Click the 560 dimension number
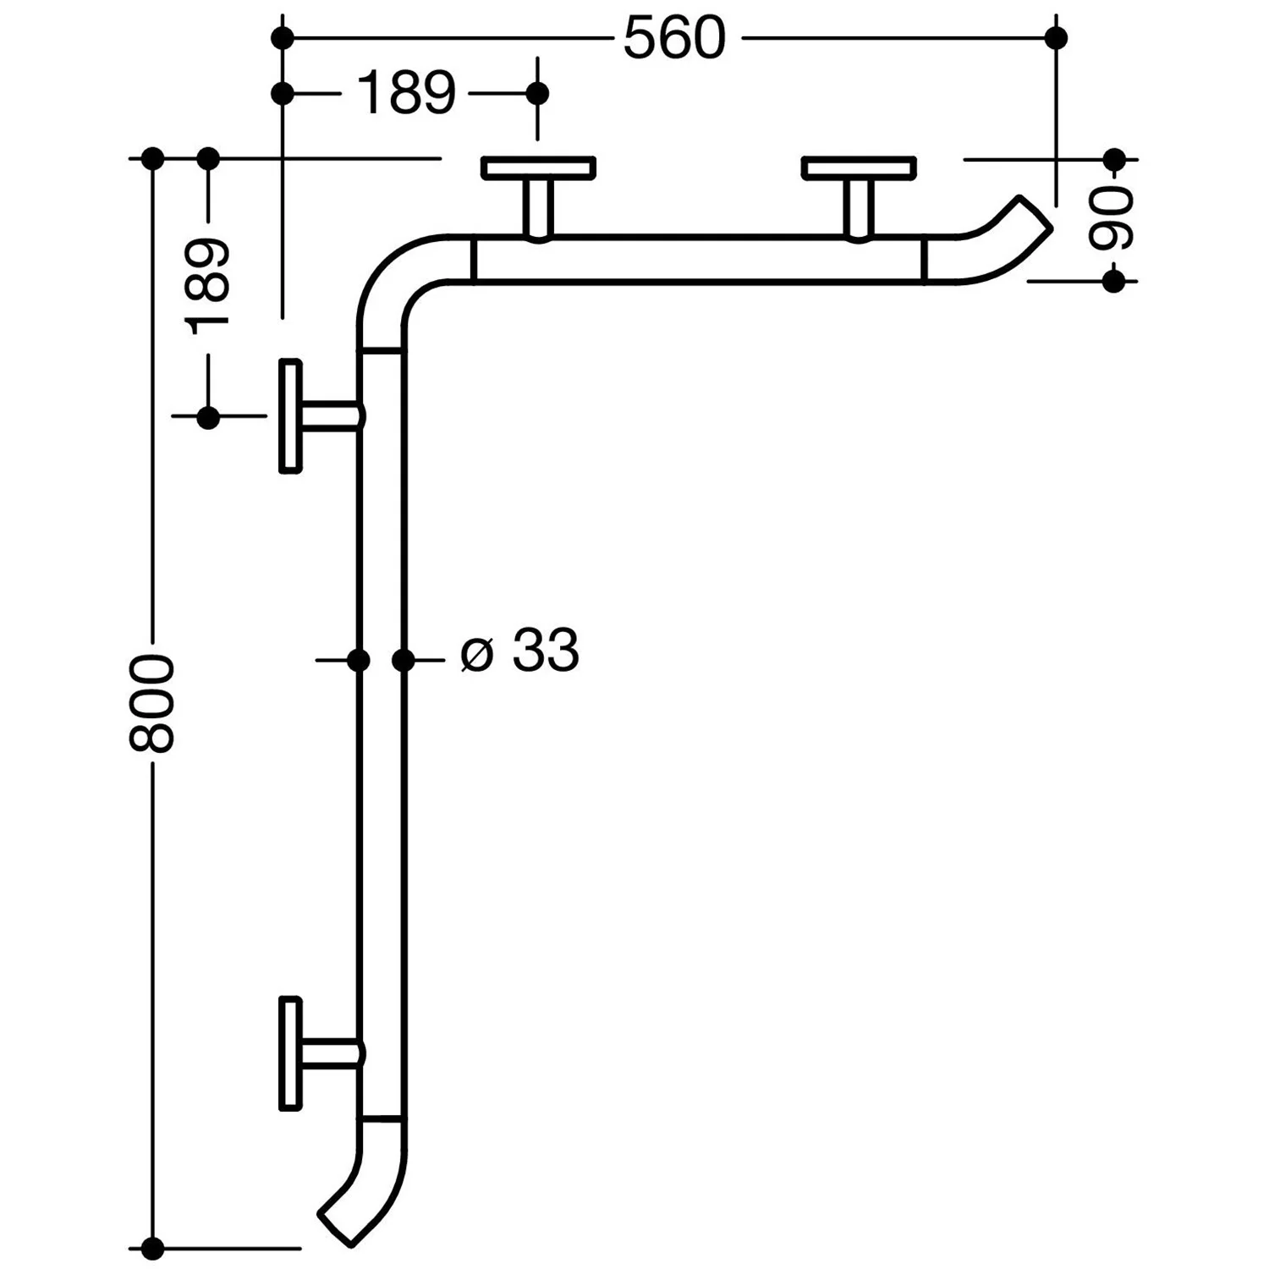coord(674,39)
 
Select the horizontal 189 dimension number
coord(406,93)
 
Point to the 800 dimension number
coord(152,703)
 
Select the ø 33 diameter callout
coord(519,651)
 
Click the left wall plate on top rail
coord(538,168)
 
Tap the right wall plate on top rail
coord(859,168)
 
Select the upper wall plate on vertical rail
coord(291,416)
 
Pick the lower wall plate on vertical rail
coord(291,1052)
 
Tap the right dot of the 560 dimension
coord(1056,38)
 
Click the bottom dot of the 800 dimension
coord(152,1247)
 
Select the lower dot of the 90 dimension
coord(1114,281)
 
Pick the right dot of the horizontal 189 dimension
coord(537,92)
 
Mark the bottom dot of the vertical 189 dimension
coord(208,416)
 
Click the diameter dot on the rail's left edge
coord(359,660)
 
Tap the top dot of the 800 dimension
coord(152,158)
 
